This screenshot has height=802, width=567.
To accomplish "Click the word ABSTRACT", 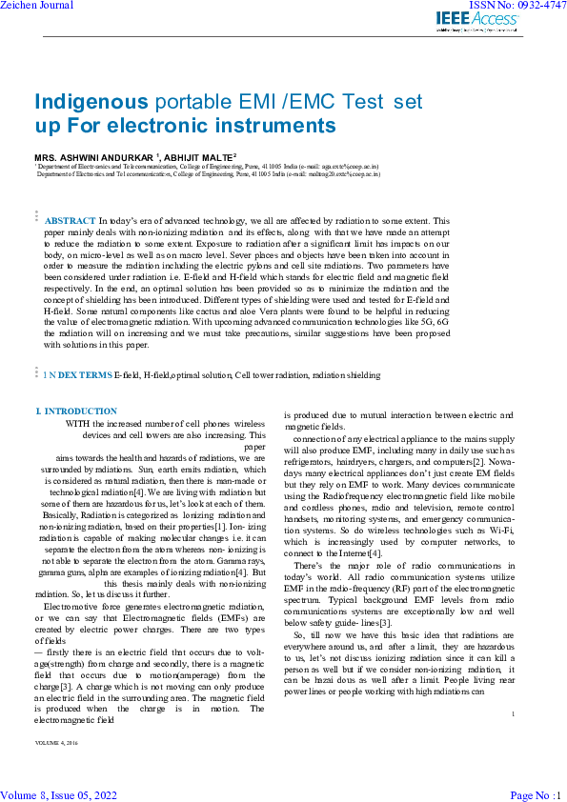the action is (x=70, y=220).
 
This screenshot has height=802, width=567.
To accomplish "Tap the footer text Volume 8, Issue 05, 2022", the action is (x=59, y=794).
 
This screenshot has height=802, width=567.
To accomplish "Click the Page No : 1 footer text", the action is (x=537, y=794).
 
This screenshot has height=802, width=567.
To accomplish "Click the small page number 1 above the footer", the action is (x=513, y=740).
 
